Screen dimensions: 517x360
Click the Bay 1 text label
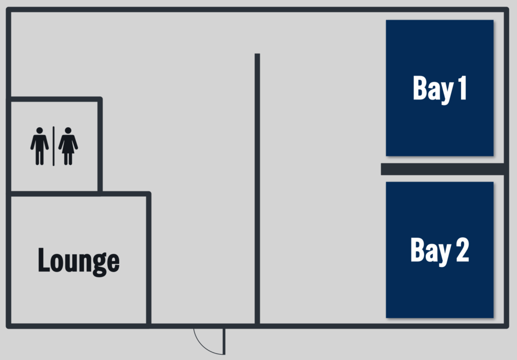(x=440, y=88)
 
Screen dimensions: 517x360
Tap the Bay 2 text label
(x=440, y=250)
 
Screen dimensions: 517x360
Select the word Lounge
(x=79, y=261)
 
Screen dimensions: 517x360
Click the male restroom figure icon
(x=39, y=146)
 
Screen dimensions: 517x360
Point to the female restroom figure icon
(x=68, y=146)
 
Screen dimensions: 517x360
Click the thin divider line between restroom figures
(x=54, y=146)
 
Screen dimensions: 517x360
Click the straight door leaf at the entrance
(x=224, y=341)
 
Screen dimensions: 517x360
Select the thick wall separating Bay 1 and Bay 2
(x=442, y=169)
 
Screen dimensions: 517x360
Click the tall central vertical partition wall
(x=257, y=188)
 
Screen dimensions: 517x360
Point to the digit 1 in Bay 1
(x=462, y=88)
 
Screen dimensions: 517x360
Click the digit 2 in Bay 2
(x=462, y=250)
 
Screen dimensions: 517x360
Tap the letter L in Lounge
(x=43, y=260)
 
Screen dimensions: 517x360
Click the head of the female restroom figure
(x=68, y=131)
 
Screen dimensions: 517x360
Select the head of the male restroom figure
(x=39, y=131)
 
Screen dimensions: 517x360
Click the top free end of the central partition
(x=257, y=54)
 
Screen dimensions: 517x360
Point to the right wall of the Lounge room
(x=149, y=260)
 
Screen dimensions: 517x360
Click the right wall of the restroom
(x=100, y=145)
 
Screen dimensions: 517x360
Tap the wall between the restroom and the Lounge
(x=55, y=193)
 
